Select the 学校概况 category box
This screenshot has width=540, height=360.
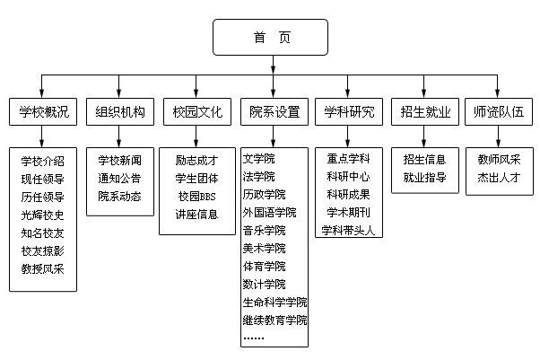(42, 113)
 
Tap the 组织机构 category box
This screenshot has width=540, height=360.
(119, 113)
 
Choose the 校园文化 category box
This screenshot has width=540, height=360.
(196, 113)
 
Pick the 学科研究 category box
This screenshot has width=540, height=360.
(351, 113)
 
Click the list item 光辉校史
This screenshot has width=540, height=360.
(42, 215)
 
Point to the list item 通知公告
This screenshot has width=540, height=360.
(119, 178)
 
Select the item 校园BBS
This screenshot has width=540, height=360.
(196, 196)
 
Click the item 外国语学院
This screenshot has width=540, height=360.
(269, 213)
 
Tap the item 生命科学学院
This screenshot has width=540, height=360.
(274, 303)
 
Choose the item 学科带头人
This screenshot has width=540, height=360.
(351, 231)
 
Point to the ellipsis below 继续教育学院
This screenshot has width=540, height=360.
(254, 338)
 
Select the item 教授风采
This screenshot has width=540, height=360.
(42, 268)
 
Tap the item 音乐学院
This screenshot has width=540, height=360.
(264, 231)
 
